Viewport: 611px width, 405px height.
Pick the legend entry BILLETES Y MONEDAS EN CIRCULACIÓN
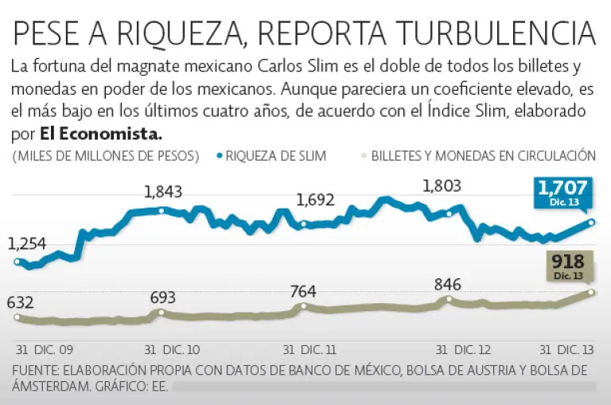(484, 156)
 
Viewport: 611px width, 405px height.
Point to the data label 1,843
(163, 192)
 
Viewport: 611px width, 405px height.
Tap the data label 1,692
(315, 201)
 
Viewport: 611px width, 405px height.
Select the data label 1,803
(441, 186)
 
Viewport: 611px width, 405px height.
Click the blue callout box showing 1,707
(562, 192)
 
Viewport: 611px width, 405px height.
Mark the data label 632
(20, 302)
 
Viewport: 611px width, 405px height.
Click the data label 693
(162, 298)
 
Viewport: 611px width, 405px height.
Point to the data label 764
(303, 290)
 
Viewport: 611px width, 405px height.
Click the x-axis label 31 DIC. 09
(45, 349)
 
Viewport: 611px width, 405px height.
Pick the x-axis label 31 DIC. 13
(566, 349)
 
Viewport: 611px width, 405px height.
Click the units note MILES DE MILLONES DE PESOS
(106, 156)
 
